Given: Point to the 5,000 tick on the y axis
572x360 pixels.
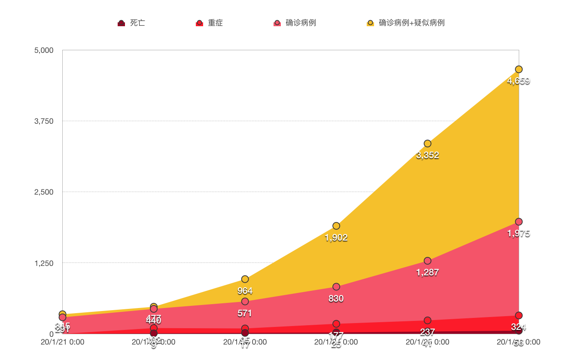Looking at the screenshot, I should pos(44,50).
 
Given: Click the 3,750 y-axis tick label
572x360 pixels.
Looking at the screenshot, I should pos(44,121).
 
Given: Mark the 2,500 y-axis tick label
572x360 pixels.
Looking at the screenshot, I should pos(44,192).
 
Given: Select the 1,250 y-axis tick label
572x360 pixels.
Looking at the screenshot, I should pos(44,263).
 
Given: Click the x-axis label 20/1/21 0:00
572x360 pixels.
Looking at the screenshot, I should pos(63,342).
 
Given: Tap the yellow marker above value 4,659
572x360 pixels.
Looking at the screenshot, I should pos(519,69).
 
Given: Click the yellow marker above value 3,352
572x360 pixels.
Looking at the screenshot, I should pos(427,143).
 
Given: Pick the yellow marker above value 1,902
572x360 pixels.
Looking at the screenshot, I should pos(336,226).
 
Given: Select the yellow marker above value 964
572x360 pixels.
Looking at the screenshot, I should pos(245,279).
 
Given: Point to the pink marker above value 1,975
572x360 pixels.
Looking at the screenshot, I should pos(519,222).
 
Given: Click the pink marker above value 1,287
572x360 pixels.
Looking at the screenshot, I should pos(427,261).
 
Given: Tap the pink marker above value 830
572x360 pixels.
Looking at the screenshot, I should pos(336,287).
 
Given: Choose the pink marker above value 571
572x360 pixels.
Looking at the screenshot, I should pos(245,301).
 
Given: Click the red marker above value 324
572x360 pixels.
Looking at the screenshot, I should pos(519,315).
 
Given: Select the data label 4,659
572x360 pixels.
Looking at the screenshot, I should pos(519,81).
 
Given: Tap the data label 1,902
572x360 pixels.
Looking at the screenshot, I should pos(336,238).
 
